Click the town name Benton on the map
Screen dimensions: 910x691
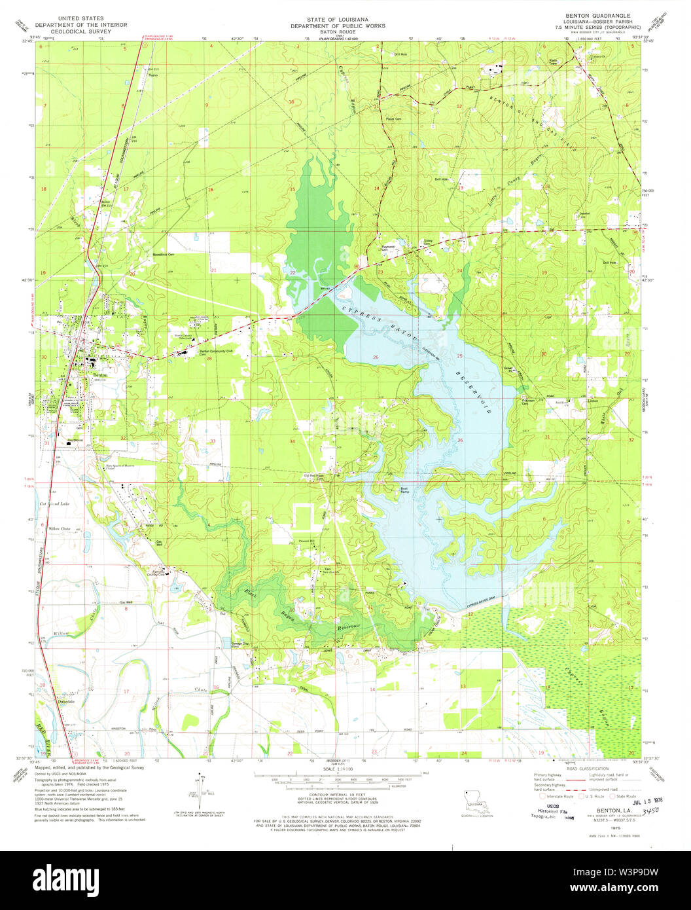pos(100,375)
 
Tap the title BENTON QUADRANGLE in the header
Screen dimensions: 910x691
pos(593,14)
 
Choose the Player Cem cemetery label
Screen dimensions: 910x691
pos(393,119)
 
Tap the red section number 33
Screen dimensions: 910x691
pos(213,441)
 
